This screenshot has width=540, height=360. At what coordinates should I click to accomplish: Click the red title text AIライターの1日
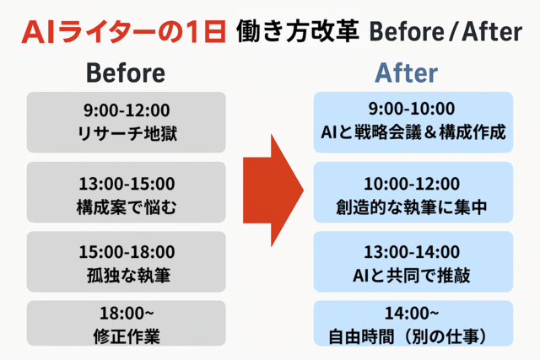point(124,32)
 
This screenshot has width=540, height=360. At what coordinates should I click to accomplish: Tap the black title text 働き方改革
point(298,31)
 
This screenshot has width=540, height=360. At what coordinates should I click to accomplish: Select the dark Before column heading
point(126,73)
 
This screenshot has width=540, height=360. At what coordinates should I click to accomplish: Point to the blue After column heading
point(407,73)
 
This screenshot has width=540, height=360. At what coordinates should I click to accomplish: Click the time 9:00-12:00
point(127,110)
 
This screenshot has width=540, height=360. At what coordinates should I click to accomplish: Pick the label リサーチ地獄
point(127,133)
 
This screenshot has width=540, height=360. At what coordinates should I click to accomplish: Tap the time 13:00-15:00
point(127,184)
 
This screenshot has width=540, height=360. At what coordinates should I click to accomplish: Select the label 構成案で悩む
point(127,207)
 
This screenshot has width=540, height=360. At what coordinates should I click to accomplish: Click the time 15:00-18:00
point(127,252)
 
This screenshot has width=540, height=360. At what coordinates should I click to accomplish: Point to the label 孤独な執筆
point(128,276)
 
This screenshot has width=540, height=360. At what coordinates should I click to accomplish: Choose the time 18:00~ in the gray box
point(127,313)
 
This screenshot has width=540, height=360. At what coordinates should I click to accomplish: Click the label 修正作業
point(127,336)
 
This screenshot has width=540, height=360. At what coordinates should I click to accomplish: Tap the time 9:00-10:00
point(412,109)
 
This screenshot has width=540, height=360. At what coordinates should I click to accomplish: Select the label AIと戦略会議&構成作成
point(413,132)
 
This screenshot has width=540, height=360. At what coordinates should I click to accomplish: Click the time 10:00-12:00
point(412,184)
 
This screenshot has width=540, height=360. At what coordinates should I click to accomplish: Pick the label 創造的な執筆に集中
point(412,207)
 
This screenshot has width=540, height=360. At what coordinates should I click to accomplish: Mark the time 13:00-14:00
point(412,252)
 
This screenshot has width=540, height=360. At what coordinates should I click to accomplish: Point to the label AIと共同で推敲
point(412,276)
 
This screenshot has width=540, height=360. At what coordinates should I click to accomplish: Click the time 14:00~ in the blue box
point(412,313)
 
